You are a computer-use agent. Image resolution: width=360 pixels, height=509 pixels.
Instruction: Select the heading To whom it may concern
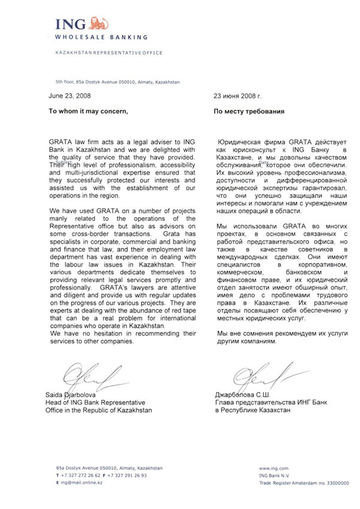click(88, 112)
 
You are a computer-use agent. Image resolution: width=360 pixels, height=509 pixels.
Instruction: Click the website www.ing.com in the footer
click(274, 467)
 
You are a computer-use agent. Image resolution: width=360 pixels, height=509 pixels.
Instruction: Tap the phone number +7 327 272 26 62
click(84, 475)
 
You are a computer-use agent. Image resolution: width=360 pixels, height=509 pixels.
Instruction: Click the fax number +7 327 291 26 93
click(129, 475)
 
